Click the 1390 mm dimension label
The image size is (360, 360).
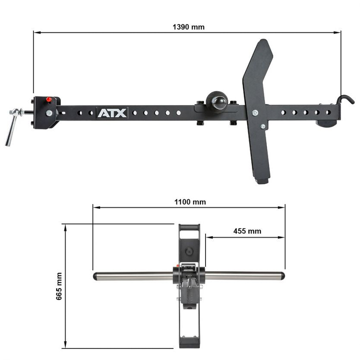tap(188, 27)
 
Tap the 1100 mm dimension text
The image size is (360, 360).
tap(190, 202)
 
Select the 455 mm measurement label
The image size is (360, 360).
tap(247, 231)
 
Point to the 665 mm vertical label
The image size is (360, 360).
tap(59, 286)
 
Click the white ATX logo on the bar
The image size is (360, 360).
tap(112, 113)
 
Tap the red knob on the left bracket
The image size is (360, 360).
tap(49, 100)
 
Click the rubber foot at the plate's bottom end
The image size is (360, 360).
tap(262, 180)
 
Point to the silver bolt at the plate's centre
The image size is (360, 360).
tap(256, 113)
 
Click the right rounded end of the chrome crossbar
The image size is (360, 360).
tap(281, 275)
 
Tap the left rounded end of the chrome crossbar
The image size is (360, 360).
tap(96, 276)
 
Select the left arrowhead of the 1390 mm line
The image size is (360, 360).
tap(35, 32)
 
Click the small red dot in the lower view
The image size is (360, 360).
tap(178, 266)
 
